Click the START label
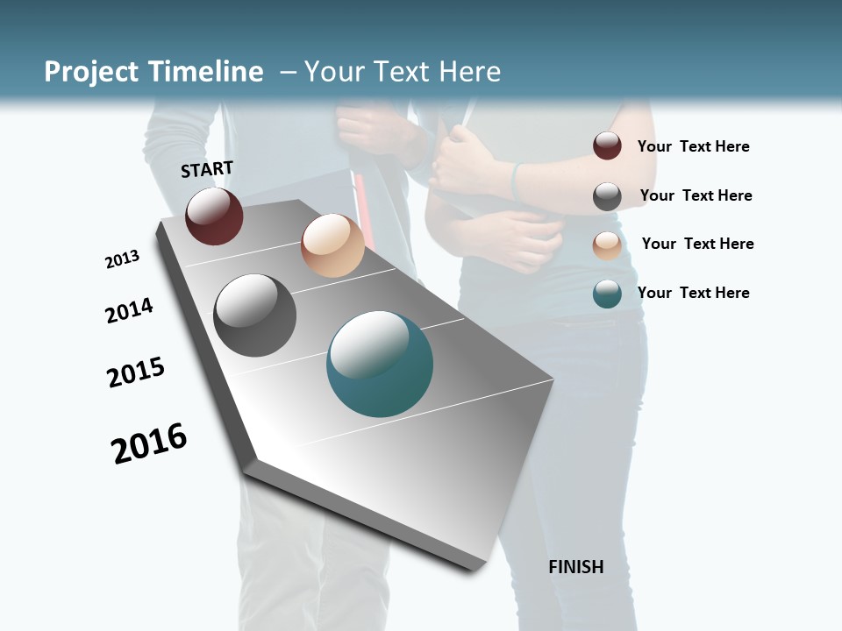[x=207, y=169]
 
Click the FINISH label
[x=576, y=567]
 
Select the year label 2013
[x=122, y=259]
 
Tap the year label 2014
[x=129, y=311]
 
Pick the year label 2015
[x=136, y=372]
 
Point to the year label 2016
[x=149, y=443]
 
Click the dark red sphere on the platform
[x=214, y=216]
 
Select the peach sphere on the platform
[x=332, y=245]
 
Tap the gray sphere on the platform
[x=254, y=315]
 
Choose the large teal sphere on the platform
[x=380, y=364]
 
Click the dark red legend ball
[x=607, y=146]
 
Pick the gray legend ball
[x=607, y=196]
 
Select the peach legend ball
[x=607, y=245]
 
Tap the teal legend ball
[x=607, y=294]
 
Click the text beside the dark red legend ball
[x=693, y=146]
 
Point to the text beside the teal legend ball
[x=693, y=293]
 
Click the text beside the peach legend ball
[x=697, y=244]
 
